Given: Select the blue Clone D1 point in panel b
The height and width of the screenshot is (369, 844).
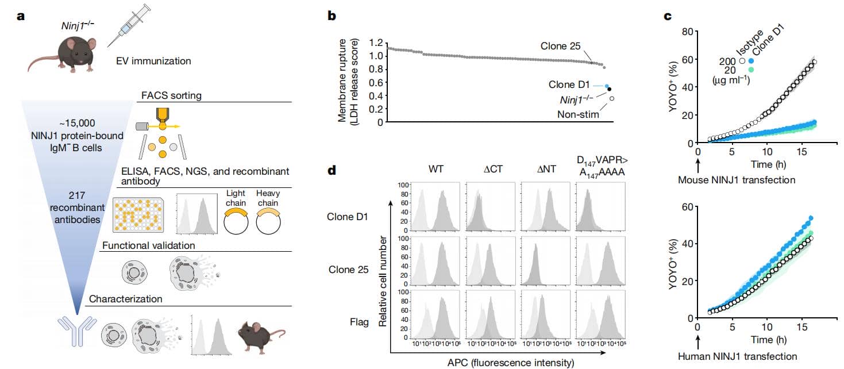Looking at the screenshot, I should [x=607, y=86].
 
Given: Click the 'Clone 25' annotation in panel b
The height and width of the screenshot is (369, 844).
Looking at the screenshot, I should [x=561, y=46].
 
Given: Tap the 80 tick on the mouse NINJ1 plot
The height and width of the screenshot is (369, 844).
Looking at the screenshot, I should [x=687, y=32].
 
